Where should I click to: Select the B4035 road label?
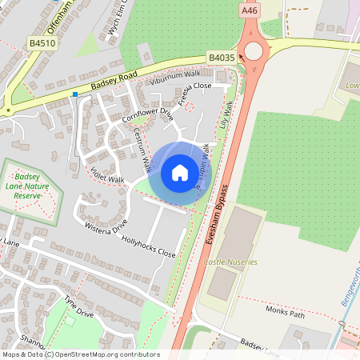[221, 58]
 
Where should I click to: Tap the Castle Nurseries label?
[230, 262]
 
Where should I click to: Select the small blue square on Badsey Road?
[75, 94]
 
